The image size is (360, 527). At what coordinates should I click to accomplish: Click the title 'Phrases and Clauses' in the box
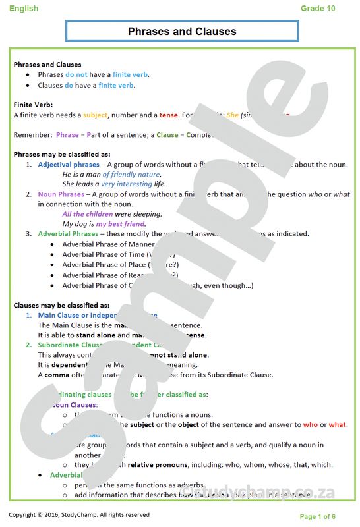[182, 32]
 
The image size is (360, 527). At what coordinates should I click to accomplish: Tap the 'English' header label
[24, 8]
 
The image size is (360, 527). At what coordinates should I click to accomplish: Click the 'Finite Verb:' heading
[34, 105]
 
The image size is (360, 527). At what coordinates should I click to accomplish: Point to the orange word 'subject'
[95, 115]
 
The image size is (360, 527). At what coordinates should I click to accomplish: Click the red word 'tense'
[168, 115]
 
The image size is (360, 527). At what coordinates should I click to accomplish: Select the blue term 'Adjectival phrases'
[69, 165]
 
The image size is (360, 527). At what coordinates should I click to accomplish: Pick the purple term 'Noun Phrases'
[61, 194]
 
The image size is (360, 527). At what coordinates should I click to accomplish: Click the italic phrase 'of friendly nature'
[131, 175]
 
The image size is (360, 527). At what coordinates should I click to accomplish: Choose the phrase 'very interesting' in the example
[127, 184]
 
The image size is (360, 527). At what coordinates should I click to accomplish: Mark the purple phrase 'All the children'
[87, 214]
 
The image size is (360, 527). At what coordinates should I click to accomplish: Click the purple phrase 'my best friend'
[121, 224]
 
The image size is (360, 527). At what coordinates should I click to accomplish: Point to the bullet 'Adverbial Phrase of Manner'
[108, 244]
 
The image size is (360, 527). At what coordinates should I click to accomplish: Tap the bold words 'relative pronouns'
[158, 464]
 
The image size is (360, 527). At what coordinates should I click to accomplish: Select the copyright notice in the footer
[79, 514]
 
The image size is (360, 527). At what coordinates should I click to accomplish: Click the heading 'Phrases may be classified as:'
[62, 154]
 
